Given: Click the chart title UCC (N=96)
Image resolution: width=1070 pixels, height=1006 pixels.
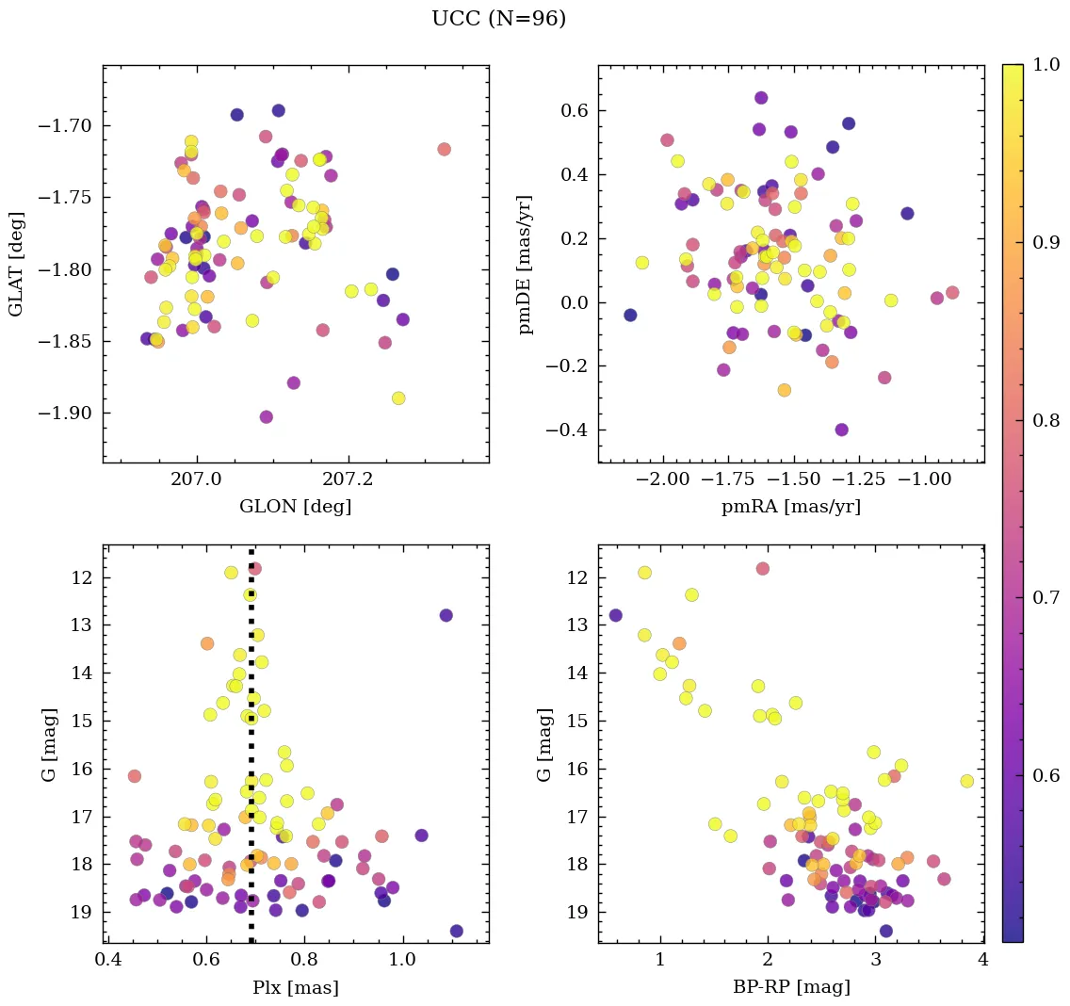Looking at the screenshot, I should [498, 19].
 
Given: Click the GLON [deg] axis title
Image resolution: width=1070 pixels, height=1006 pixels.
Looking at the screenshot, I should [295, 507].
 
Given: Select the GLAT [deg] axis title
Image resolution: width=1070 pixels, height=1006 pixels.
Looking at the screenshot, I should [16, 263].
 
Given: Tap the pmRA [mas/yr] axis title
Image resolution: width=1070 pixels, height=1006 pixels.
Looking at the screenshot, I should [790, 507].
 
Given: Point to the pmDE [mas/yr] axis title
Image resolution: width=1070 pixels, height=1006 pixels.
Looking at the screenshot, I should [526, 263].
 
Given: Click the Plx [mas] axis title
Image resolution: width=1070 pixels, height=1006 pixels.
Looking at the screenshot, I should [295, 987].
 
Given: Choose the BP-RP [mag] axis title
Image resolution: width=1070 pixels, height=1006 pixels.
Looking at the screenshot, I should [790, 987].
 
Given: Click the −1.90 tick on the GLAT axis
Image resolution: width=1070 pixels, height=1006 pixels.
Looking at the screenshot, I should [67, 414].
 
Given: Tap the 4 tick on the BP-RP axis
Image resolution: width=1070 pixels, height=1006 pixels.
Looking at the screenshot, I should [983, 961].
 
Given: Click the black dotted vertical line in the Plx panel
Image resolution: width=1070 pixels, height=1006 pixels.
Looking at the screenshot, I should [251, 754].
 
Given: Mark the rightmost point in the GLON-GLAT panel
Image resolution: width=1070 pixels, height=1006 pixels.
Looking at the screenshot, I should [444, 149].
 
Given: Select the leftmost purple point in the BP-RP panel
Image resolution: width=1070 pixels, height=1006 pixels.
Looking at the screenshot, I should [615, 615].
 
